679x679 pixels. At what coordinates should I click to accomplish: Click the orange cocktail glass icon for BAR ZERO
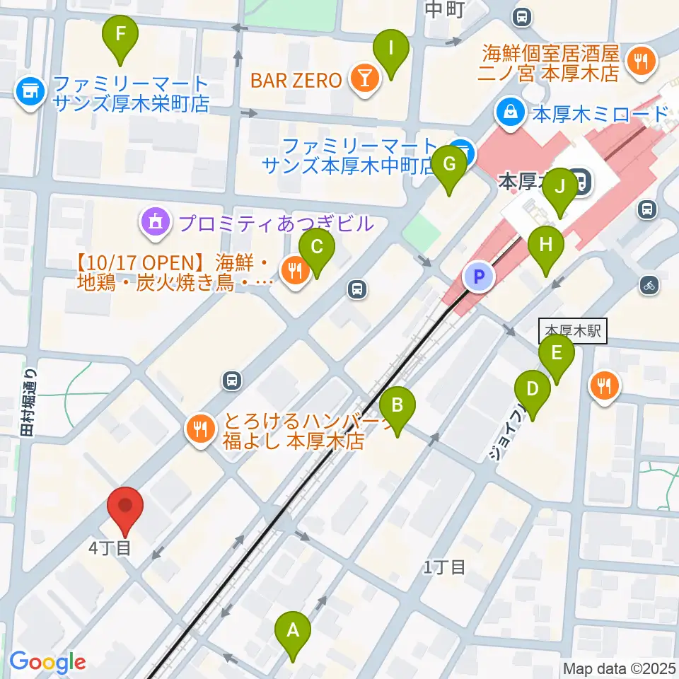pos(364,80)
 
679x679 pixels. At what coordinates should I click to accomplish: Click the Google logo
pos(47,662)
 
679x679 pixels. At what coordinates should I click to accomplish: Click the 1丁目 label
pos(444,566)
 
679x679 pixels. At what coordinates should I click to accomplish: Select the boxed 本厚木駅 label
pos(573,331)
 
